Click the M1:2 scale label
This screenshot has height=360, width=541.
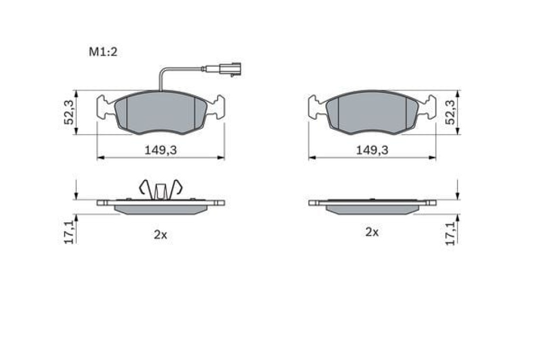[103, 52]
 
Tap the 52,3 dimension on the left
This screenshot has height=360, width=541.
[69, 112]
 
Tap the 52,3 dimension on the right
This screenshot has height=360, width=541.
[450, 112]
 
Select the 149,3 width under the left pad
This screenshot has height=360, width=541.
[161, 150]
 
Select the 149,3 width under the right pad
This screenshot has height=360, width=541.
[372, 150]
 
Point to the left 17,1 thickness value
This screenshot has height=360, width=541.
[69, 233]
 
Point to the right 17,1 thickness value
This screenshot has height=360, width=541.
[450, 233]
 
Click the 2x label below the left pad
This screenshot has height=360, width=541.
[161, 235]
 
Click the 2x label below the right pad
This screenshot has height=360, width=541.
[372, 232]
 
